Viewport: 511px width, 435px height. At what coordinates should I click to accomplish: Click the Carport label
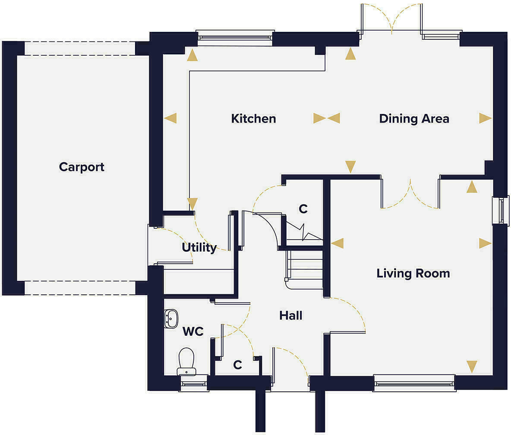(82, 167)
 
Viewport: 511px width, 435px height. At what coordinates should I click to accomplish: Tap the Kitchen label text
(253, 119)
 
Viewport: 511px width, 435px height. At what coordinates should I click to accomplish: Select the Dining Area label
(414, 119)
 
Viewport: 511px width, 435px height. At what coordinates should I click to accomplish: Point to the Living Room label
(413, 273)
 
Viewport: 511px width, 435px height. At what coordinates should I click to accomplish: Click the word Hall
(290, 315)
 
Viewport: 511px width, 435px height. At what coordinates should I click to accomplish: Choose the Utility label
(199, 248)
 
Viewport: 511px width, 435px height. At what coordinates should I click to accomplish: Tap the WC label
(193, 331)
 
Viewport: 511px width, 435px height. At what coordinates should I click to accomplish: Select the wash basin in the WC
(171, 319)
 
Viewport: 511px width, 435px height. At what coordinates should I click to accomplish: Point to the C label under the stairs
(303, 209)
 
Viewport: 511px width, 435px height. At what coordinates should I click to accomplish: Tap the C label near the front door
(237, 365)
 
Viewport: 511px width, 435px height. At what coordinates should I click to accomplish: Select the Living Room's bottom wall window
(414, 383)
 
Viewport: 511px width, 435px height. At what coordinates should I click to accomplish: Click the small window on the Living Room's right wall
(501, 211)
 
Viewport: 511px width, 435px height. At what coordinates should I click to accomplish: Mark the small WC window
(193, 383)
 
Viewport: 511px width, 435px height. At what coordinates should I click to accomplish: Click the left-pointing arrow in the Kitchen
(171, 118)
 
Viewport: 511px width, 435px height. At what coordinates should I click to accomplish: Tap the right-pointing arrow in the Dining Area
(485, 118)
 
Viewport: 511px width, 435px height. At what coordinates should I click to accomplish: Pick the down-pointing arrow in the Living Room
(472, 366)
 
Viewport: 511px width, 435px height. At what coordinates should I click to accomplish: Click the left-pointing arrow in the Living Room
(337, 243)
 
